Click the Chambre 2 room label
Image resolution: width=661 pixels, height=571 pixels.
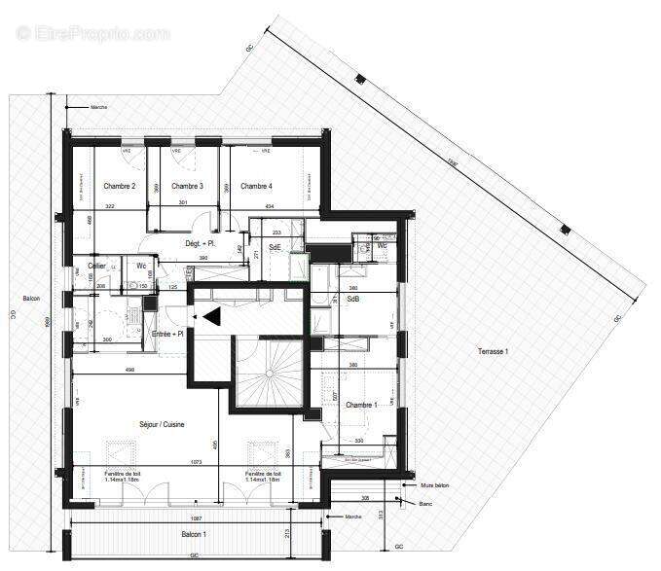[120, 187]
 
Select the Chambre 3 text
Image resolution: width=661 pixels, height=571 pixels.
[187, 187]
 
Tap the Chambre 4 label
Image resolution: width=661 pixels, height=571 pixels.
[256, 187]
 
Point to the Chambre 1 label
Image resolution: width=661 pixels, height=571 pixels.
[361, 405]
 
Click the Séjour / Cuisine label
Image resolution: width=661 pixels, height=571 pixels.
[161, 425]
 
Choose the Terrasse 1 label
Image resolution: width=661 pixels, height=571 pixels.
[494, 351]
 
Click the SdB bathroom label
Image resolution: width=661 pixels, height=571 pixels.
[353, 301]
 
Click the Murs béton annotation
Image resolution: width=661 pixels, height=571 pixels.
[434, 484]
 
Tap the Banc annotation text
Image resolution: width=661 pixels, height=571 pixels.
[427, 503]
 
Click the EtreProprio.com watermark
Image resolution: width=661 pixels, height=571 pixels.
[93, 33]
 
